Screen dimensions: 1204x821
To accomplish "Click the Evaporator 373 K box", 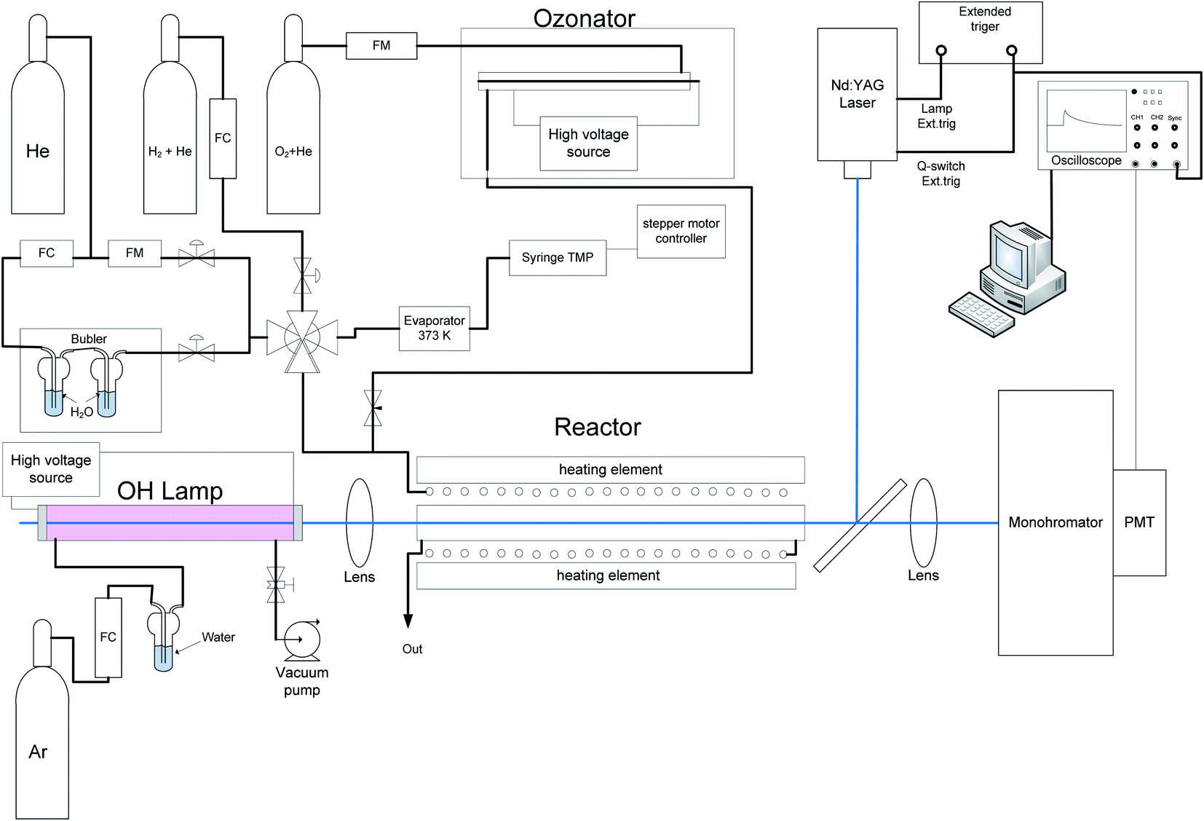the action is point(435,329).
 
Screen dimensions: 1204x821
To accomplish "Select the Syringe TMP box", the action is point(558,258).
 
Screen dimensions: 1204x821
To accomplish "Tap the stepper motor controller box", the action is point(681,232).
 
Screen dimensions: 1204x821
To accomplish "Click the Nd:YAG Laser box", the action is point(858,94).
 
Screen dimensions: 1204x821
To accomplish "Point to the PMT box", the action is point(1139,522).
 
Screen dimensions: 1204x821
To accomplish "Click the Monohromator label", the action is point(1055,522).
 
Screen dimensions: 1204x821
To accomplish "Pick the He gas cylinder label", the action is point(38,152).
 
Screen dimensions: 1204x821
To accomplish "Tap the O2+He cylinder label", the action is point(293,152).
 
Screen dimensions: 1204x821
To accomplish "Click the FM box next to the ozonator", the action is point(381,46).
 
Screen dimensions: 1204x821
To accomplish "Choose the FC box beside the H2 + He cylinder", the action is point(223,138).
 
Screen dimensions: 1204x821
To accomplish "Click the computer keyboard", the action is point(981,315).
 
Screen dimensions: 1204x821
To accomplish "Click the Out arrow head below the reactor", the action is point(408,621).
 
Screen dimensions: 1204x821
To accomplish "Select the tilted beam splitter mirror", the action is point(860,525).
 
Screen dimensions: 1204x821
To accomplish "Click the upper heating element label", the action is point(611,470).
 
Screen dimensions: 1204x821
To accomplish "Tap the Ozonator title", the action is point(585,18).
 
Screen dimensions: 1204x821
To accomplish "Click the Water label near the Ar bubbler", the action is point(218,637).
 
